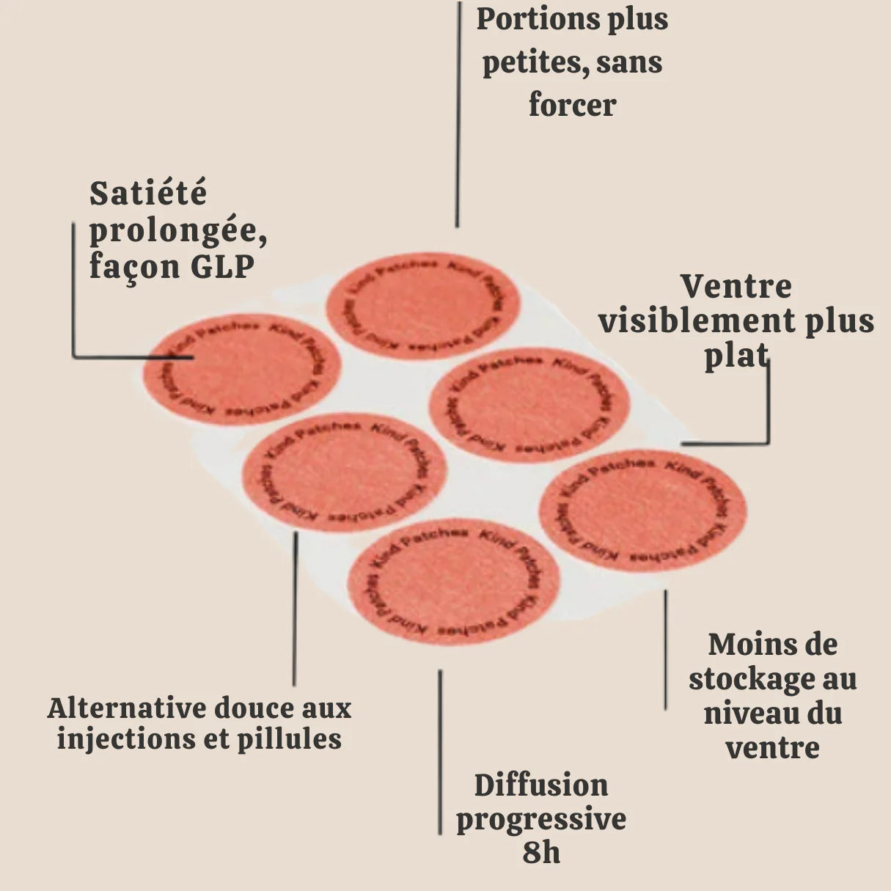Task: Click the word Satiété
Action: click(148, 194)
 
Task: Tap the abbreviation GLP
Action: click(222, 267)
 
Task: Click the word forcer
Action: click(572, 105)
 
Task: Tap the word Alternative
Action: click(126, 708)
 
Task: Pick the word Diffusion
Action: click(541, 785)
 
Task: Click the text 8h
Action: click(541, 853)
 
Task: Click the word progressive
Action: click(541, 819)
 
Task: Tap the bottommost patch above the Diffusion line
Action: click(453, 583)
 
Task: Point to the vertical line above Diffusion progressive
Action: click(440, 752)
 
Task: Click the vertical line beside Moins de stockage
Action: click(665, 649)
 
